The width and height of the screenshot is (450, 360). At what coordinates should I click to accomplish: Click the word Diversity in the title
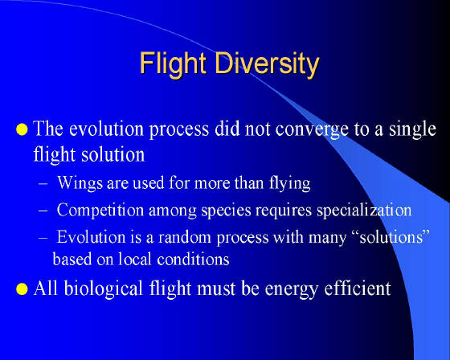point(267,64)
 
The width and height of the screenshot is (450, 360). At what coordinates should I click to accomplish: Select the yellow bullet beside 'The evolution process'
point(22,129)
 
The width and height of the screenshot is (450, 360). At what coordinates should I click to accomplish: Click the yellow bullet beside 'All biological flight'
point(22,288)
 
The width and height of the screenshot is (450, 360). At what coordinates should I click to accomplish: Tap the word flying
point(290,183)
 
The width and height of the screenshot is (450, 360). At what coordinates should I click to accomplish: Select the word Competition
point(100,211)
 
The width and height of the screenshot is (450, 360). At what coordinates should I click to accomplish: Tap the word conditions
point(193,259)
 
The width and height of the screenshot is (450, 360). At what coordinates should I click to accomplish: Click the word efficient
point(358,288)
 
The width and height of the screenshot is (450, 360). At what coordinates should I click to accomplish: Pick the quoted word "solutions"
point(391,237)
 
